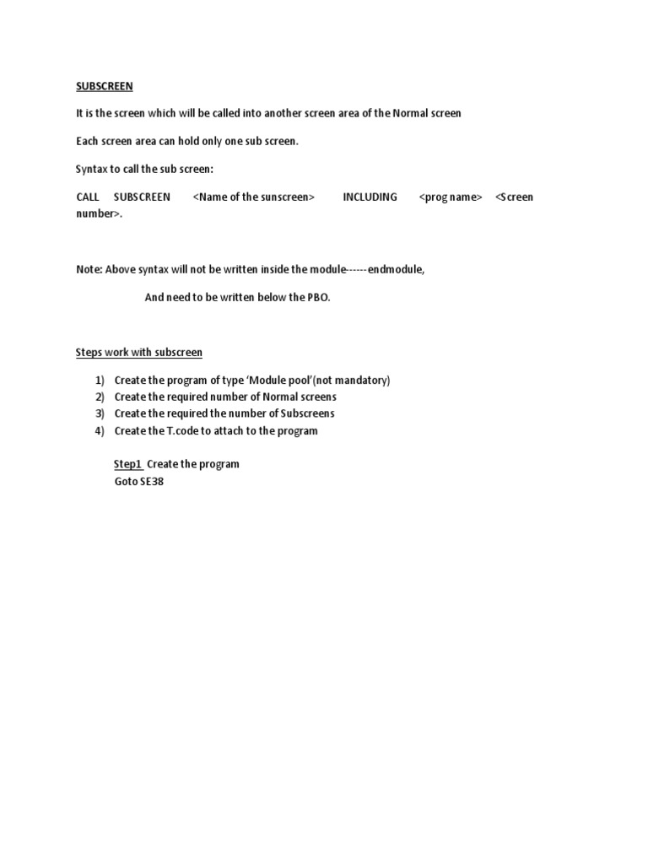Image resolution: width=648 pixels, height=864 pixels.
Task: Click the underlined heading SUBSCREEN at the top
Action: tap(105, 86)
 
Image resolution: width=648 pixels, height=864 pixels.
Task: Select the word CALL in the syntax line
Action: tap(88, 197)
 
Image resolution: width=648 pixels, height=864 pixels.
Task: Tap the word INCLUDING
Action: tap(370, 197)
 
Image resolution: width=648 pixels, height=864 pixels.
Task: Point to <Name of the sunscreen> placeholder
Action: tap(253, 197)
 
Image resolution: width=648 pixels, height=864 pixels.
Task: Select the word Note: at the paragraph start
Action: tap(89, 269)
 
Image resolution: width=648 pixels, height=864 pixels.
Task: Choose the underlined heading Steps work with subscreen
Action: tap(139, 352)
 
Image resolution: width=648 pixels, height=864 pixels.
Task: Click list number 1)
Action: tap(100, 381)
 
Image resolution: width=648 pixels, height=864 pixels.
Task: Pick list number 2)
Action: tap(100, 397)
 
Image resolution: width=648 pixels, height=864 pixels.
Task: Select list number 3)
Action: tap(100, 413)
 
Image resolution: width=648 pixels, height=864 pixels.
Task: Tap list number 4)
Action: tap(100, 430)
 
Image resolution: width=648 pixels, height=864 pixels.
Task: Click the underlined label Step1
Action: tap(127, 464)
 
